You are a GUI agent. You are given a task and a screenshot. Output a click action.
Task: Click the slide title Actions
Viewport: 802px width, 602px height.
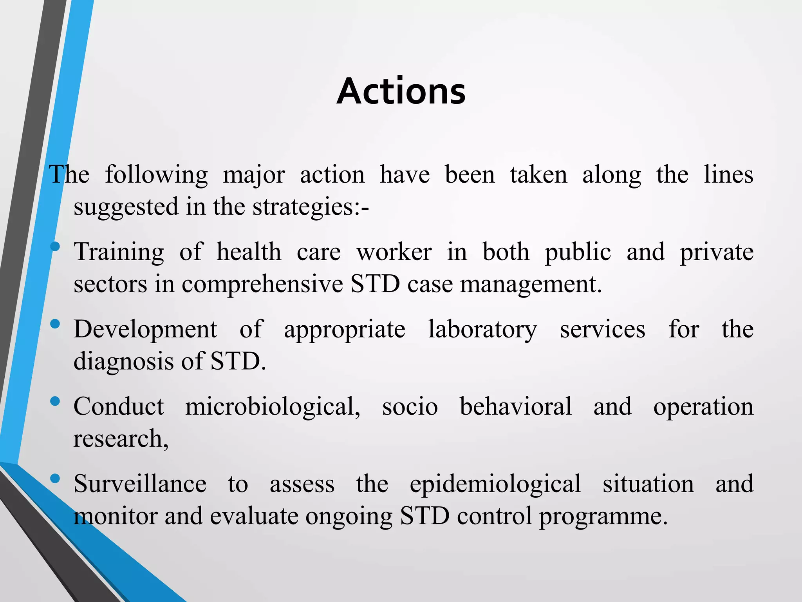tap(401, 91)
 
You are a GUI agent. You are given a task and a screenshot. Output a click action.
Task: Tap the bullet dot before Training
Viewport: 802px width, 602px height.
tap(55, 247)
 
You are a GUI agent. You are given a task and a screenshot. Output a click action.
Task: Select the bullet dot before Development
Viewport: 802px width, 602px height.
tap(55, 324)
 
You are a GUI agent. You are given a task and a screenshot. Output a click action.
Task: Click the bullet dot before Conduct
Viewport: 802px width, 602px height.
tap(55, 401)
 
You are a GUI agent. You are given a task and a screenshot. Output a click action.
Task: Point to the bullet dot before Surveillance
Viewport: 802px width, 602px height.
tap(55, 478)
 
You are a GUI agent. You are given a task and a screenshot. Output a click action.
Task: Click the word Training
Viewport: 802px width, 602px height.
tap(119, 252)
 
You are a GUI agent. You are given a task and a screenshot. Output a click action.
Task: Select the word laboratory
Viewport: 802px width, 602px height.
tap(482, 329)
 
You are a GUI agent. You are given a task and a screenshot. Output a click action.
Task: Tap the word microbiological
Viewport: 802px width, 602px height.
tap(273, 406)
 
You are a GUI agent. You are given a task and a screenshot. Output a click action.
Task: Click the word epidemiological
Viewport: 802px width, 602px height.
tap(495, 484)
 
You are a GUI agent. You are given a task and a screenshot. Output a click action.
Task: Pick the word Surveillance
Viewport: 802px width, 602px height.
tap(140, 484)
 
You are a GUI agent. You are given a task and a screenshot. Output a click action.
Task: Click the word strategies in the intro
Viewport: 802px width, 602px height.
tap(305, 207)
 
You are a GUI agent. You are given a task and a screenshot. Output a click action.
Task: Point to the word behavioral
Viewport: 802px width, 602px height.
tap(515, 406)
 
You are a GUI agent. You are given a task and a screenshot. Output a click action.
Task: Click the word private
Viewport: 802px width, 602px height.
tap(717, 252)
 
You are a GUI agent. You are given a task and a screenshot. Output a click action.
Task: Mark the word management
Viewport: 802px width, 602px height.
tap(531, 284)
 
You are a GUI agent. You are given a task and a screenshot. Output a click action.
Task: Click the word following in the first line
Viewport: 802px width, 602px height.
tap(156, 175)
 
